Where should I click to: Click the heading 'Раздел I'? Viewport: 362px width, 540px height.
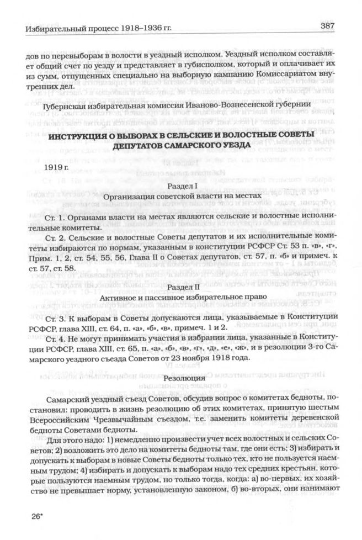[182, 187]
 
